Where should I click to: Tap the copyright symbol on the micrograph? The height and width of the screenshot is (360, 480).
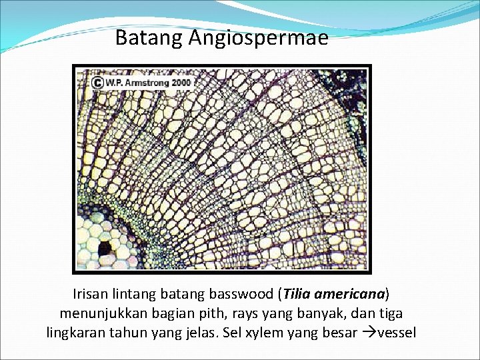[x=97, y=83]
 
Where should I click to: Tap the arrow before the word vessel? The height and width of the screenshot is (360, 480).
[x=367, y=331]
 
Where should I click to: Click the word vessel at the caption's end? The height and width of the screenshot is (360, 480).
[x=397, y=331]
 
